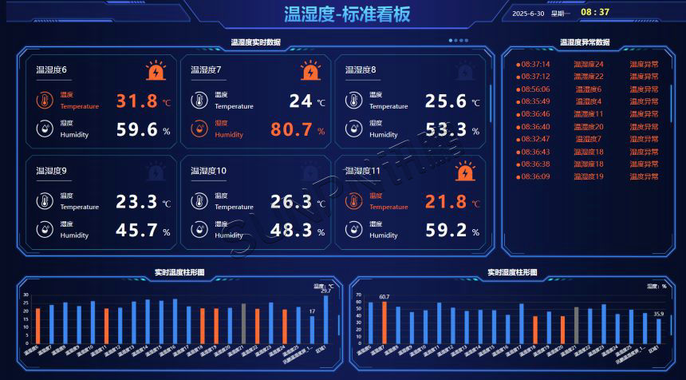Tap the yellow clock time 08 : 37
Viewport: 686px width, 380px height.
[x=595, y=12]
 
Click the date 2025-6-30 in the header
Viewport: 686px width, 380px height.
[x=528, y=13]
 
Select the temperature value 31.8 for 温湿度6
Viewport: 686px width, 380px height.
[x=137, y=101]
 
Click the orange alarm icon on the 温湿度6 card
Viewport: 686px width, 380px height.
[x=156, y=71]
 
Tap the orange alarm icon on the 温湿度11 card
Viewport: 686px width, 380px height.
[x=465, y=172]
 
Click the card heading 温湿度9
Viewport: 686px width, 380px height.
[x=51, y=171]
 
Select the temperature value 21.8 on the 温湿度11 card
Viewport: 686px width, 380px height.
[x=446, y=202]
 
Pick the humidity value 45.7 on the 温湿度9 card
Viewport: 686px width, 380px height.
[x=137, y=231]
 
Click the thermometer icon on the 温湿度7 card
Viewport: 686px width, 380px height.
[x=199, y=101]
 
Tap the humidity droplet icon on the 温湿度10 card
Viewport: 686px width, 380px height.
[x=199, y=230]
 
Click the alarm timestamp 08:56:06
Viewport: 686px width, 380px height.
[x=534, y=89]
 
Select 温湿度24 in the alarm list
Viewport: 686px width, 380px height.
[x=589, y=65]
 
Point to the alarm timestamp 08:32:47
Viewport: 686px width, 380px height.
[x=534, y=139]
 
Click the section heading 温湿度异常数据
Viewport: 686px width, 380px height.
[x=585, y=42]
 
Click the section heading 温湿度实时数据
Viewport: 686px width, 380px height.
[x=255, y=42]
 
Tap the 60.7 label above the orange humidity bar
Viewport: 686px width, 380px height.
[x=384, y=297]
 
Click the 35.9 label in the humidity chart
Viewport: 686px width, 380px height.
[x=659, y=314]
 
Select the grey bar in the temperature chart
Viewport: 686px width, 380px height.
[x=243, y=323]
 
